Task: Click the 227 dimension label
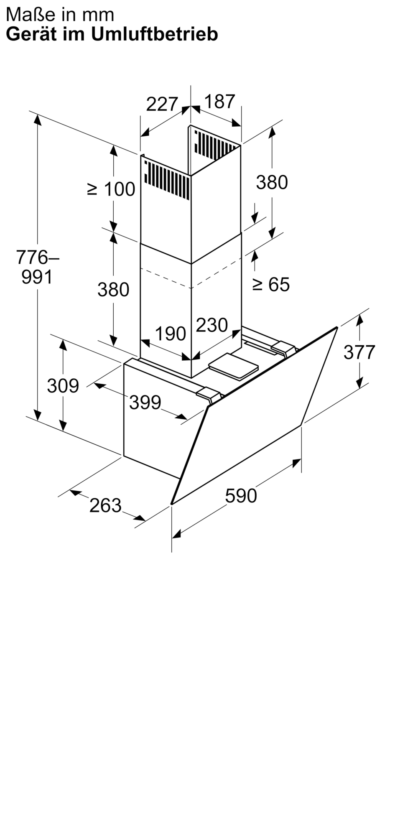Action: [x=162, y=104]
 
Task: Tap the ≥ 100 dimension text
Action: [x=111, y=189]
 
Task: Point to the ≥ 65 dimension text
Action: [x=271, y=285]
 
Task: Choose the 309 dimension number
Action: [x=63, y=385]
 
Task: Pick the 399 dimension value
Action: [x=145, y=402]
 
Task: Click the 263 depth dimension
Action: [x=105, y=505]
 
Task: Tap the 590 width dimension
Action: [x=241, y=496]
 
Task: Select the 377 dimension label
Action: [x=359, y=352]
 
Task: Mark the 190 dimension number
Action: [x=171, y=334]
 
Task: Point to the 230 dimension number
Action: [x=212, y=325]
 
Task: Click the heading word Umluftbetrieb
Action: [x=155, y=34]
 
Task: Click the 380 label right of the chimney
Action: [x=272, y=182]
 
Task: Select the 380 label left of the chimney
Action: [x=113, y=289]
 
